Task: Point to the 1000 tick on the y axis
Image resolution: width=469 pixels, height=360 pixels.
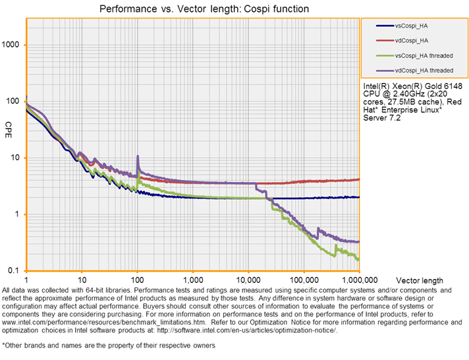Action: [13, 45]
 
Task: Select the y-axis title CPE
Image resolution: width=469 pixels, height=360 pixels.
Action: [9, 126]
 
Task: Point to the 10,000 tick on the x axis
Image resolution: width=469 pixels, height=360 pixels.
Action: [248, 280]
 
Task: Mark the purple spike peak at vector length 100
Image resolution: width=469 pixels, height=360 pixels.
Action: [138, 156]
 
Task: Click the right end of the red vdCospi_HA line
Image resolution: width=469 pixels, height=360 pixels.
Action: [359, 179]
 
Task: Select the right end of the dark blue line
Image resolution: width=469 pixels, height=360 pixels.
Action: [359, 197]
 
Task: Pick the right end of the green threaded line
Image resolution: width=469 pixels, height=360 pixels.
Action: [359, 260]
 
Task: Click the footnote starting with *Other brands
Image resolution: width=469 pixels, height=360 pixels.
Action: [109, 345]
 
